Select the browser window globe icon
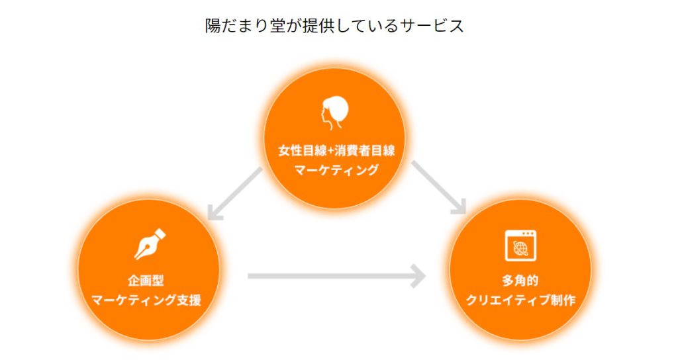(520, 245)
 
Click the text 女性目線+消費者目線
(336, 150)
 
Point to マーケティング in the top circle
(336, 170)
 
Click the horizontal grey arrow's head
(416, 275)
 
